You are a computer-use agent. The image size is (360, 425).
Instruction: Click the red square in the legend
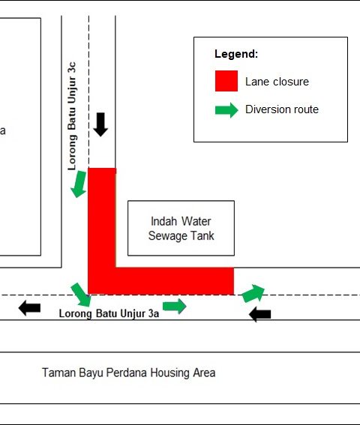pos(226,81)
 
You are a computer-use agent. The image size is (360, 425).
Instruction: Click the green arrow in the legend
pos(226,110)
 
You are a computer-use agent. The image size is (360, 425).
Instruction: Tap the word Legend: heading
pos(236,54)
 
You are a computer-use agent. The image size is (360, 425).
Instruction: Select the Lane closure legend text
pos(277,82)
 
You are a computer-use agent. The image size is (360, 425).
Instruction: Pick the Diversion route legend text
pos(282,109)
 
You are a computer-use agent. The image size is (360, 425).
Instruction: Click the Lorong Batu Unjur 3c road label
pos(72,116)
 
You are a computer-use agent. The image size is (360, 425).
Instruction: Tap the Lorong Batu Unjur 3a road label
pos(109,313)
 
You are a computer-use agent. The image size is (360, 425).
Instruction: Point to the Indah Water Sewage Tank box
pos(181,228)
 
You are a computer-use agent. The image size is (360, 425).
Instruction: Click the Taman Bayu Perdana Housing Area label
pos(128,373)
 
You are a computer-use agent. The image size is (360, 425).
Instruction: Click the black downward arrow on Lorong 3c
pos(100,124)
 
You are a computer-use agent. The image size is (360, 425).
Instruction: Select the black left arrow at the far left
pos(29,308)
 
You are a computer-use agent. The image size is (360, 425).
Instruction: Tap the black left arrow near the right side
pos(259,314)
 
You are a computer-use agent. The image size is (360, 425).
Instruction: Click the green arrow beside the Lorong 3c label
pos(79,184)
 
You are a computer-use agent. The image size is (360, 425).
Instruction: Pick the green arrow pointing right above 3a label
pos(175,306)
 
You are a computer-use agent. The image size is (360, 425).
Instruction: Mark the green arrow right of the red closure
pos(253,293)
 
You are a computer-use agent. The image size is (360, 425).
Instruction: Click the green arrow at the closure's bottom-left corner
pos(81,295)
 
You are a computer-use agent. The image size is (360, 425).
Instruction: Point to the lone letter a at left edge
pos(2,131)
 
